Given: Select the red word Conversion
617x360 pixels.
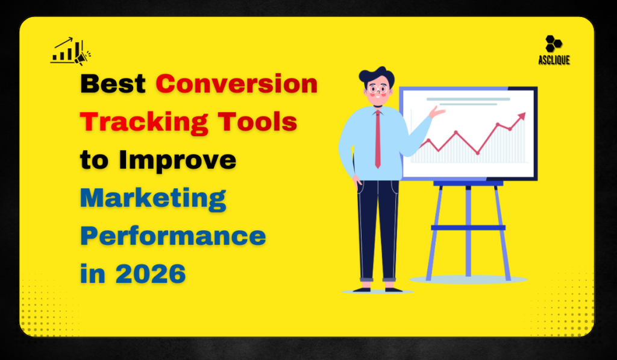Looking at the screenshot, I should click(x=237, y=84).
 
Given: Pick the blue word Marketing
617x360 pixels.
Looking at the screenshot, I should click(x=153, y=198).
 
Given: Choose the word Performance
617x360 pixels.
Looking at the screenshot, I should click(x=173, y=236).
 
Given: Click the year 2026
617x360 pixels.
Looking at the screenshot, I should click(x=151, y=274).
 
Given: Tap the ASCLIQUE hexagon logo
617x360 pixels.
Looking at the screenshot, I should click(x=553, y=44).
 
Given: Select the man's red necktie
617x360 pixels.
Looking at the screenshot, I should click(x=378, y=139).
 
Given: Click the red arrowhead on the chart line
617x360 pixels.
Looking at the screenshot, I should click(x=521, y=116).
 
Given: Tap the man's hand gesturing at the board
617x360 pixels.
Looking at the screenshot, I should click(x=438, y=112).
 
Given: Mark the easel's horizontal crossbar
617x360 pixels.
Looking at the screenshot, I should click(x=468, y=227).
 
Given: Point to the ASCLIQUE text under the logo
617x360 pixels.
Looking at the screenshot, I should click(x=554, y=60).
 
